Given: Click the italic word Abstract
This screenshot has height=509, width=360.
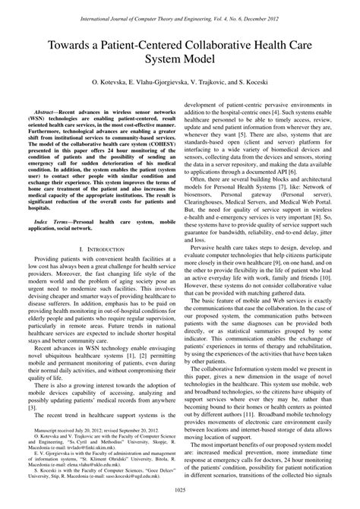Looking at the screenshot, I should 43,109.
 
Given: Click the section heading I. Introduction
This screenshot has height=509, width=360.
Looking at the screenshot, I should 99,248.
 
